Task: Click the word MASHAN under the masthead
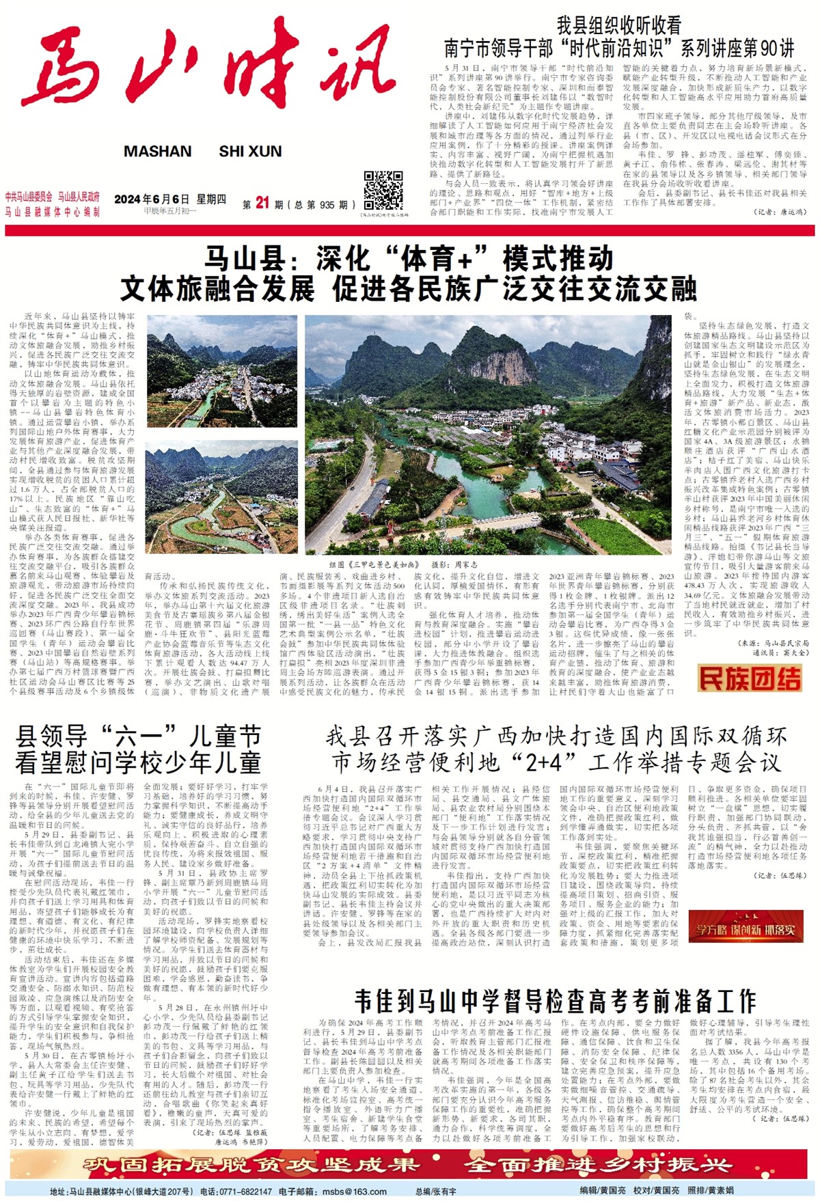coord(158,152)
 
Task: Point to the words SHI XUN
coord(250,152)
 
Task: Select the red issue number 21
coord(262,203)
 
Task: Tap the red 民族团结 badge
coord(750,678)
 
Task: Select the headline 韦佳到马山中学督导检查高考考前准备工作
coord(555,1002)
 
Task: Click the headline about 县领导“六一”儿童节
coord(139,749)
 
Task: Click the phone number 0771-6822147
coord(245,1192)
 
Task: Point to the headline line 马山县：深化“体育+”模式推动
coord(409,259)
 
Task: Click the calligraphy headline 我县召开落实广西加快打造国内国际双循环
coord(556,736)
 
